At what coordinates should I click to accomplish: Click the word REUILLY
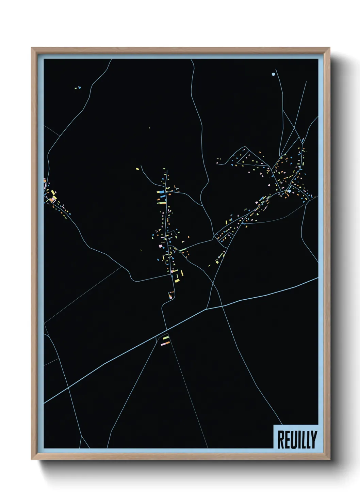pyautogui.click(x=297, y=439)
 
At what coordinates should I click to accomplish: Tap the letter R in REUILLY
pyautogui.click(x=281, y=439)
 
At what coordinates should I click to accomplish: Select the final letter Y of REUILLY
pyautogui.click(x=313, y=439)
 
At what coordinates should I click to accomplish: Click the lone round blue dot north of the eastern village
pyautogui.click(x=273, y=74)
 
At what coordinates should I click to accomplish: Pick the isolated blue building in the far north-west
pyautogui.click(x=80, y=88)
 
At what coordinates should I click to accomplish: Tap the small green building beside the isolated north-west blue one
pyautogui.click(x=76, y=88)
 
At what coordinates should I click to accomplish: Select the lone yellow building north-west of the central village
pyautogui.click(x=137, y=169)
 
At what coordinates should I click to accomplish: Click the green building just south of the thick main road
pyautogui.click(x=166, y=338)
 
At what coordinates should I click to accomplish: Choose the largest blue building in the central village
pyautogui.click(x=160, y=192)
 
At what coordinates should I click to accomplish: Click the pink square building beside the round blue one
pyautogui.click(x=160, y=245)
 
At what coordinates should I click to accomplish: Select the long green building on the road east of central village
pyautogui.click(x=183, y=250)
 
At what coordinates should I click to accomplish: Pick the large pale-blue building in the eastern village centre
pyautogui.click(x=289, y=192)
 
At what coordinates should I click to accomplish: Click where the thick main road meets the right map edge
pyautogui.click(x=318, y=278)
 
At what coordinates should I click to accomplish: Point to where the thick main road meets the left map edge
pyautogui.click(x=44, y=403)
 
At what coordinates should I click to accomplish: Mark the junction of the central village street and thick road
pyautogui.click(x=166, y=330)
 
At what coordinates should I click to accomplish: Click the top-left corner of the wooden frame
pyautogui.click(x=32, y=48)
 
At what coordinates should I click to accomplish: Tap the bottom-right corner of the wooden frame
pyautogui.click(x=329, y=459)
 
